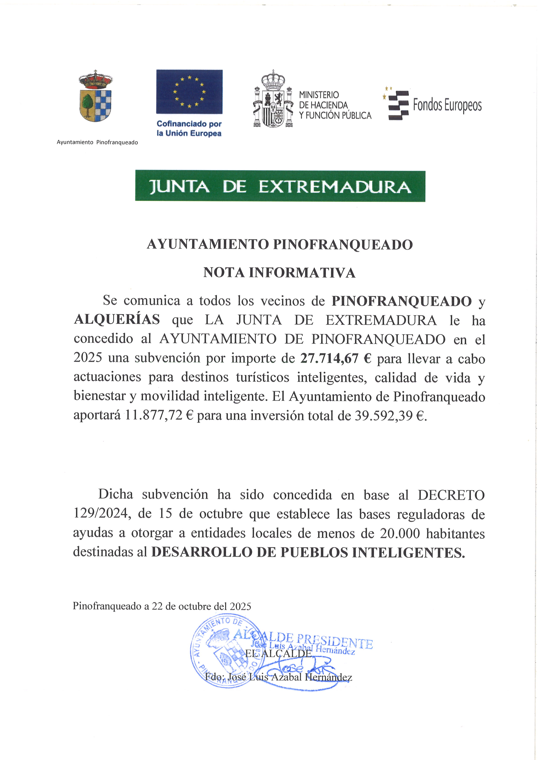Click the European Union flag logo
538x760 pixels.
coord(189,92)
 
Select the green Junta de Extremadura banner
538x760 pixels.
coord(280,186)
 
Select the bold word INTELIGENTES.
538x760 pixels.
coord(408,552)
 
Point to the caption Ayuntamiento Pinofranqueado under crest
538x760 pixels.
coord(97,142)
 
